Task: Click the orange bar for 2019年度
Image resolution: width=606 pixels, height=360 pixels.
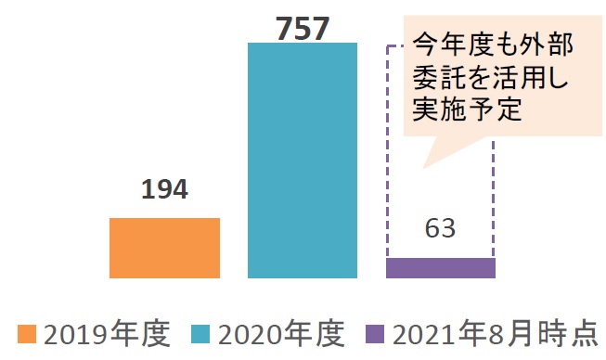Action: point(164,248)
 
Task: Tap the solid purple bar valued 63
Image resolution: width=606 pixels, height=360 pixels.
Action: point(440,267)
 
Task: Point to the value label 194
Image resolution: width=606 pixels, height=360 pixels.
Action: point(164,191)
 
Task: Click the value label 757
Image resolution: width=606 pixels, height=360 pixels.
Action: point(303,28)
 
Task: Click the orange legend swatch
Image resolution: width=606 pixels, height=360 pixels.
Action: point(26,333)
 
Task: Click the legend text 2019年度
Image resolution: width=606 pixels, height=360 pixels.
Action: point(106,333)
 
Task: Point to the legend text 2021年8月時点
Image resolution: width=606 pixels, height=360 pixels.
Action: point(494,333)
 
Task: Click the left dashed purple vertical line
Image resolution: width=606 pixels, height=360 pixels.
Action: point(387,148)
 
